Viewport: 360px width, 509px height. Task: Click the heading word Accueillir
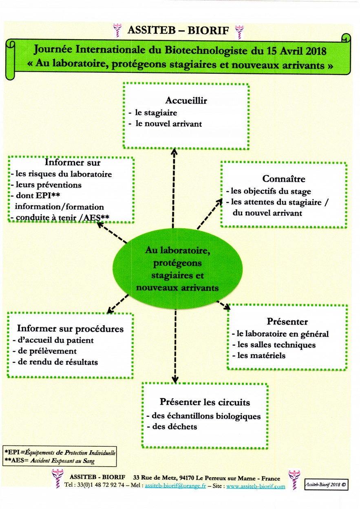[186, 100]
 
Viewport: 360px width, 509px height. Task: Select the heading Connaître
[284, 178]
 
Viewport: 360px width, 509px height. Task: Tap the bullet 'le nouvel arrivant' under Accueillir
[168, 124]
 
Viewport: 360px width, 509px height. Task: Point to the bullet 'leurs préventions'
[49, 185]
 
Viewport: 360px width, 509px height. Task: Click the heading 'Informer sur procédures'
[70, 329]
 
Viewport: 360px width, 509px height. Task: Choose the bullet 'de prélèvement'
[47, 351]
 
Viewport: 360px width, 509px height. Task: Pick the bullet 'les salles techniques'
[276, 345]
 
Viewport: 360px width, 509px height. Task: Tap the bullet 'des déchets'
[174, 427]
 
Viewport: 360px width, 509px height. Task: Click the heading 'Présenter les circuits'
[205, 402]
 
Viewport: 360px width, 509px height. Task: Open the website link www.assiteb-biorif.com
[256, 486]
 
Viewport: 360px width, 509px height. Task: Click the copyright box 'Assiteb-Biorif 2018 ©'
[326, 485]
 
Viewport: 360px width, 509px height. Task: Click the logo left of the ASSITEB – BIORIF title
[117, 30]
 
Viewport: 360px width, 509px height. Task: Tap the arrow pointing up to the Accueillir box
[174, 188]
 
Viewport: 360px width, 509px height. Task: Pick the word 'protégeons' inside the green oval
[177, 263]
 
